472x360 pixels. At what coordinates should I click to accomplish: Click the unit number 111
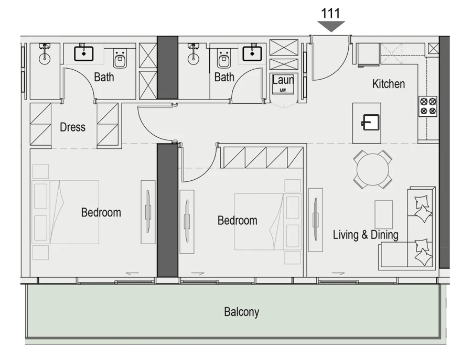330,13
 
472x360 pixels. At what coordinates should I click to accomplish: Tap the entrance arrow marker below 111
331,26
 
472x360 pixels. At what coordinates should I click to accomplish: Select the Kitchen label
388,84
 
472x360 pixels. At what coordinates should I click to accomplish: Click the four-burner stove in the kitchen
427,106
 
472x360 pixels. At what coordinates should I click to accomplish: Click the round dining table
372,169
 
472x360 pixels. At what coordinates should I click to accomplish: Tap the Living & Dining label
366,235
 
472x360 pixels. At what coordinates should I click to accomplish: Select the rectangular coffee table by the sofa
383,214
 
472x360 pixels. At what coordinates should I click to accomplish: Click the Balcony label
241,312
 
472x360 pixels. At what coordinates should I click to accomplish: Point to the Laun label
283,81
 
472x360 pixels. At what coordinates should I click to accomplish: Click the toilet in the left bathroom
121,59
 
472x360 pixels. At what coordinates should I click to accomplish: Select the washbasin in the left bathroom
84,53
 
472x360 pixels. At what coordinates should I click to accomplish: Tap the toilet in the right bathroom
224,59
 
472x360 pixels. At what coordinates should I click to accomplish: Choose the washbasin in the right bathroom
252,53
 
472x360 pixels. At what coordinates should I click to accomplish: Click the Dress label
72,127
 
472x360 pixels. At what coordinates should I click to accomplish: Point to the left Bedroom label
101,212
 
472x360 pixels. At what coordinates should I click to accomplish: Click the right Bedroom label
237,221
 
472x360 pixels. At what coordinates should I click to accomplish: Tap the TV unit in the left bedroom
148,212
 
